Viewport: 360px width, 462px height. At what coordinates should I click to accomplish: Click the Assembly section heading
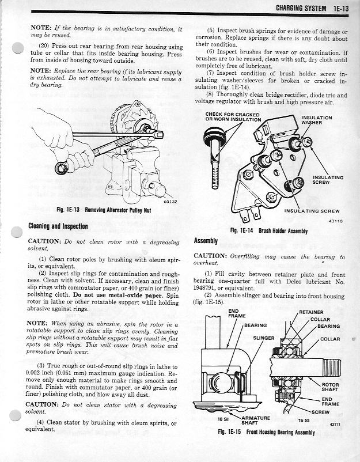point(206,240)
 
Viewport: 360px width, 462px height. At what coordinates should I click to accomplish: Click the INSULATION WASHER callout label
point(317,120)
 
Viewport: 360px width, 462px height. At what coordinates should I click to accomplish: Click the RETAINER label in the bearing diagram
point(312,312)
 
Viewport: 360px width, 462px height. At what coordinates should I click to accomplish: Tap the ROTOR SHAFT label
point(331,387)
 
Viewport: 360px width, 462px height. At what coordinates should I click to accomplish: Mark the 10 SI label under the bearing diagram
point(216,421)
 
